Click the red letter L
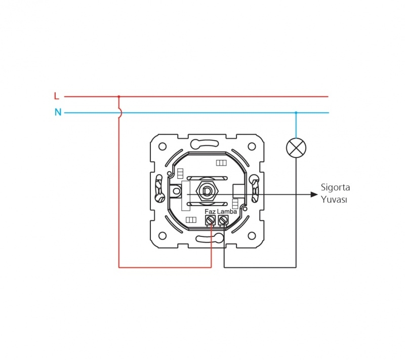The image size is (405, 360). click(57, 96)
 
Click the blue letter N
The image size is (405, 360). click(58, 112)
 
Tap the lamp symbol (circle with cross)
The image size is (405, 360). click(296, 148)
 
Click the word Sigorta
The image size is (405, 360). click(335, 187)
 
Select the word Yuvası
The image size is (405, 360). click(334, 199)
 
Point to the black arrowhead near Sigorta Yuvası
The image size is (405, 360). click(314, 194)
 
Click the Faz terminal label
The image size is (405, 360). click(210, 212)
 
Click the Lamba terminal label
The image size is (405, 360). click(227, 212)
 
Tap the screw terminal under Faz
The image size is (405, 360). click(210, 220)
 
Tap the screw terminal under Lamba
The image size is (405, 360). click(223, 220)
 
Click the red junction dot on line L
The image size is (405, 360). click(119, 97)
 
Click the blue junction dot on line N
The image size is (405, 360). click(296, 112)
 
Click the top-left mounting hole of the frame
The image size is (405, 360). click(162, 146)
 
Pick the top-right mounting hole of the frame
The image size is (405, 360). click(252, 146)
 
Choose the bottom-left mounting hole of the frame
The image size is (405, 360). click(162, 236)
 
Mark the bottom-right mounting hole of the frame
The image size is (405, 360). click(252, 236)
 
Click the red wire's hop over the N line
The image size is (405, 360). click(120, 112)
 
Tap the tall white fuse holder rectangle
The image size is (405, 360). click(186, 196)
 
